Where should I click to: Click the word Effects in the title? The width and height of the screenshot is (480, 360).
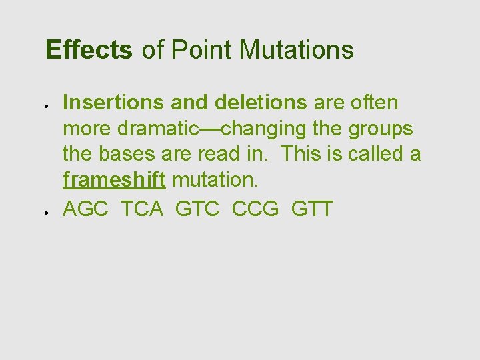(x=89, y=50)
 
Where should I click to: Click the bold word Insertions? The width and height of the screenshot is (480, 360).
(x=113, y=103)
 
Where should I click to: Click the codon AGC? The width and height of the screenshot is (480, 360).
(x=87, y=209)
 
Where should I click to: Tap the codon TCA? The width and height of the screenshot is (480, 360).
(x=142, y=209)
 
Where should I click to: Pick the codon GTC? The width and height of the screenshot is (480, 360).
(x=198, y=209)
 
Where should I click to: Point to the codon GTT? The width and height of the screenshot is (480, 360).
(x=312, y=209)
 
